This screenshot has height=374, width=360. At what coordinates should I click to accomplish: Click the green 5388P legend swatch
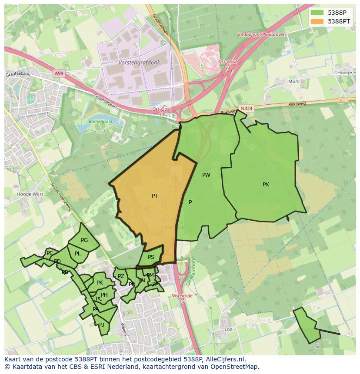[317, 13]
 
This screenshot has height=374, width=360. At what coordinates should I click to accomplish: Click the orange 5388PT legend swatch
[317, 21]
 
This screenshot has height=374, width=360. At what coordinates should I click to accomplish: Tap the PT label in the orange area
[155, 196]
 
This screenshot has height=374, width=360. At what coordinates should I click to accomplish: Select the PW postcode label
[206, 175]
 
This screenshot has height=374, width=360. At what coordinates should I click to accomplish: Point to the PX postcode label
[266, 185]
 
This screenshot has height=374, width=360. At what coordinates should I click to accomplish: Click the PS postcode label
[151, 257]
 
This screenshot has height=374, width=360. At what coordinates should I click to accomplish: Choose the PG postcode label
[84, 240]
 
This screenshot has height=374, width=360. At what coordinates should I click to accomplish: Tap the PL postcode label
[77, 254]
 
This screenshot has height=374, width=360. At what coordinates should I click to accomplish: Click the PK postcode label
[100, 283]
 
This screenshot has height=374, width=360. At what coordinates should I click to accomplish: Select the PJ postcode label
[102, 324]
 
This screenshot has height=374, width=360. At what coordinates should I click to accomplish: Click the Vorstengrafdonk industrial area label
[139, 63]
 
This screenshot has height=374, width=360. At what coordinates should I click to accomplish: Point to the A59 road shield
[59, 73]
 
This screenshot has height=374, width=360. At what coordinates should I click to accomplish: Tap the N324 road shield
[247, 108]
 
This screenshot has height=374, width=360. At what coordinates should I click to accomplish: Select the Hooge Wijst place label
[30, 194]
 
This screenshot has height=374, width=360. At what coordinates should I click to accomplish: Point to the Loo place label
[228, 330]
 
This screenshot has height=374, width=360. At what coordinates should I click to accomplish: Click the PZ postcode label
[121, 276]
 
